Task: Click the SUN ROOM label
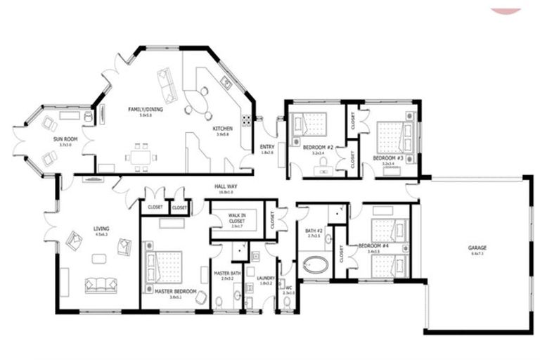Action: (x=65, y=139)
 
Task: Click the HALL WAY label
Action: (x=225, y=186)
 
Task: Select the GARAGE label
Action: (x=478, y=247)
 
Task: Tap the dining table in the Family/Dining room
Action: (x=141, y=157)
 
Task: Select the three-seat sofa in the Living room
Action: (x=101, y=285)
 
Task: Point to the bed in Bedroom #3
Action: (x=392, y=137)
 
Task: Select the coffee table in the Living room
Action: (x=99, y=259)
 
